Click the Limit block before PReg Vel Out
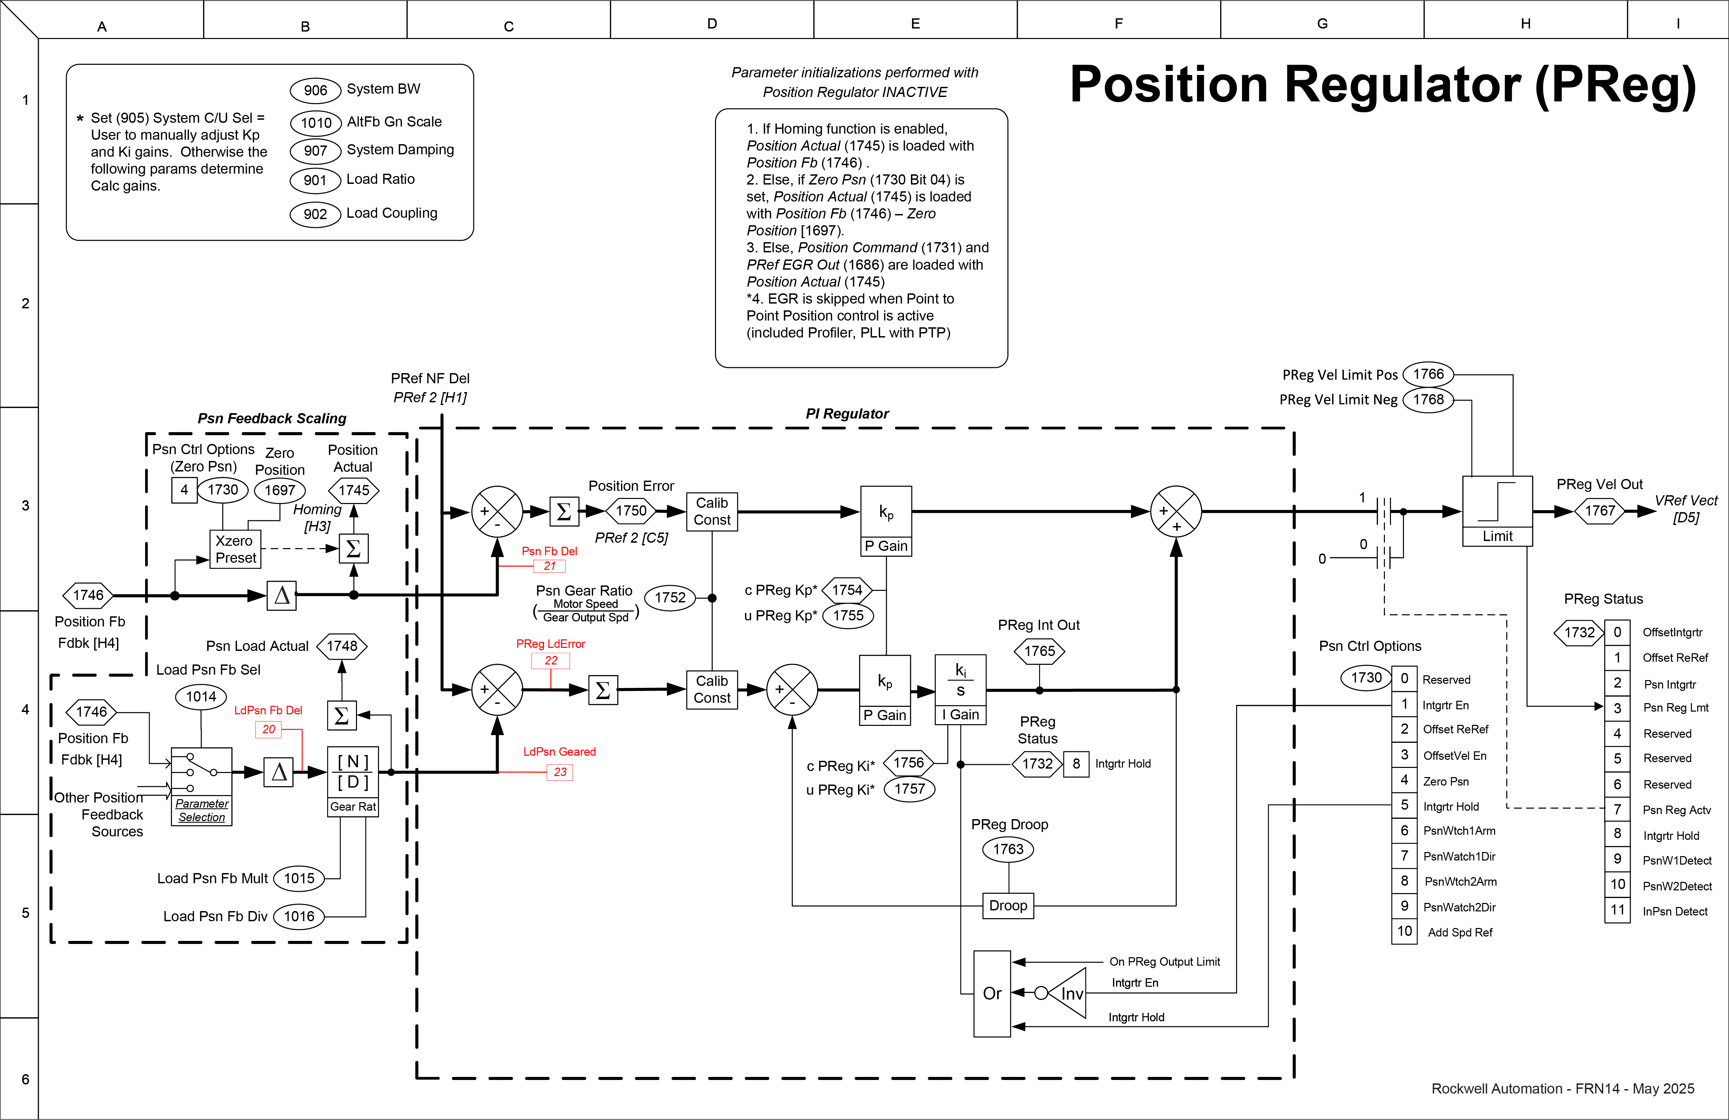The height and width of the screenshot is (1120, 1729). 1497,511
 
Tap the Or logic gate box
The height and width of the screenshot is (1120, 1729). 992,993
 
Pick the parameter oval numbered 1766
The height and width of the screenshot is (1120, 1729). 1428,374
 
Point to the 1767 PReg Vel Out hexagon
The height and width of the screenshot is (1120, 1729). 1600,511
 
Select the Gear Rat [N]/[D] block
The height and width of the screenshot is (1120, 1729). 353,781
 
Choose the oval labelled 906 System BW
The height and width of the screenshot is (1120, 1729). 315,90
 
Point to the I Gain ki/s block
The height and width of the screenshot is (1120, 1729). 960,689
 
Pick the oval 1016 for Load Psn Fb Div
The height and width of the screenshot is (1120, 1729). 299,916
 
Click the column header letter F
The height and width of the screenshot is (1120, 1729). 1119,24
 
